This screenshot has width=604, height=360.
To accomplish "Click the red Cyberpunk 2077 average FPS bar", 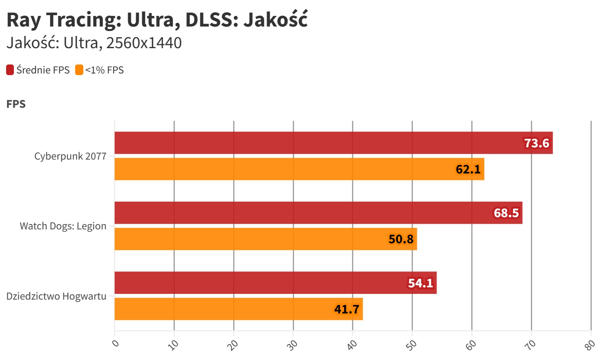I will click(x=319, y=143).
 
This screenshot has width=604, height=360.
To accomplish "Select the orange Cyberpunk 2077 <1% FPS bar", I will click(x=286, y=169).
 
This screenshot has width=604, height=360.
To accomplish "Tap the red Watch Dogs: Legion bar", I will click(x=302, y=213).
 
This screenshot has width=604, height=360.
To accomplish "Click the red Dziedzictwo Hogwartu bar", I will click(x=261, y=282).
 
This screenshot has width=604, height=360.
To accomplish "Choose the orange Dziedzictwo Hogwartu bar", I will click(x=225, y=309).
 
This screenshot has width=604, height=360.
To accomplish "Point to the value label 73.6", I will click(x=537, y=143).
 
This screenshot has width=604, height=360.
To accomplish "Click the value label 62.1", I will click(x=468, y=169).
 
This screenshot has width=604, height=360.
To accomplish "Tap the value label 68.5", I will click(x=506, y=213).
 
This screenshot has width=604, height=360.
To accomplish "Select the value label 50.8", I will click(x=401, y=239).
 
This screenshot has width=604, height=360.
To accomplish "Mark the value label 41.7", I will click(x=347, y=309).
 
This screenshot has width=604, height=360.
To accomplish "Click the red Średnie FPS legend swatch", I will click(x=10, y=70).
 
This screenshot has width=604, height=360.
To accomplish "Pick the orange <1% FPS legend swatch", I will click(x=79, y=70).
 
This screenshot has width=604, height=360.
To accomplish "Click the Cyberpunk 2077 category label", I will click(x=70, y=156).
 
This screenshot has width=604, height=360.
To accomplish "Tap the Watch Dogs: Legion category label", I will click(x=63, y=226).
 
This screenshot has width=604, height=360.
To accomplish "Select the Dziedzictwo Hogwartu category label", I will click(x=56, y=296).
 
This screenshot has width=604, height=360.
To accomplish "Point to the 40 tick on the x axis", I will click(x=352, y=345).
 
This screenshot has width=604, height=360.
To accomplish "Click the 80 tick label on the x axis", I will click(x=590, y=345).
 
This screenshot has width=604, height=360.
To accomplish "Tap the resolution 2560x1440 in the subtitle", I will click(x=144, y=43).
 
